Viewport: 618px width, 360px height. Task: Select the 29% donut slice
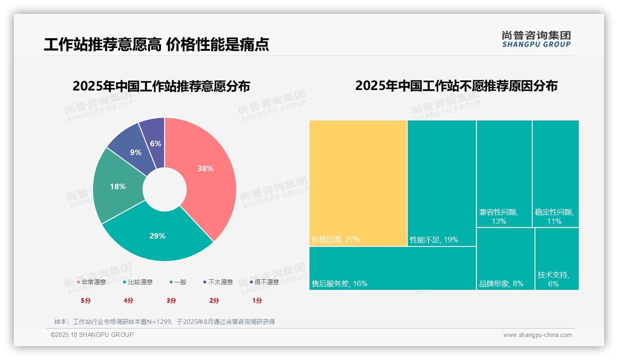coord(157,235)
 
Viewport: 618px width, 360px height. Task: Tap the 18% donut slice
coord(118,186)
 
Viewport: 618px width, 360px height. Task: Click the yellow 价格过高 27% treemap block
coord(358,183)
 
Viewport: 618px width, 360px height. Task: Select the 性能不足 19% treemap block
coord(441,183)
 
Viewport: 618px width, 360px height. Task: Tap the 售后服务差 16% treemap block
coord(392,268)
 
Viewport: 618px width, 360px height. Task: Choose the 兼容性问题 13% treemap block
coord(504,174)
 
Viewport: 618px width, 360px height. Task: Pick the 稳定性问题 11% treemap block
coord(555,174)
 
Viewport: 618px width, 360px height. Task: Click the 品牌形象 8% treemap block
coord(505,259)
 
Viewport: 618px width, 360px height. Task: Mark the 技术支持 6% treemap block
coord(557,259)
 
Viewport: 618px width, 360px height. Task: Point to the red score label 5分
coord(86,300)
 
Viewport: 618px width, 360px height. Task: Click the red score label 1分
coord(257,300)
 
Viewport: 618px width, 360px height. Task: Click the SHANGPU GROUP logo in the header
coord(536,39)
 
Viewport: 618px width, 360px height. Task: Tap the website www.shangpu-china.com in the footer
coord(537,335)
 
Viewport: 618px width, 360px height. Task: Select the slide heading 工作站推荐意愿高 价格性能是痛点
coord(156,45)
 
